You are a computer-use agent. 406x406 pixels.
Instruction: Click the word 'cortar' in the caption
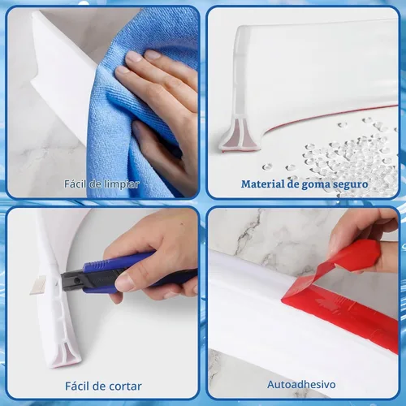click(125, 387)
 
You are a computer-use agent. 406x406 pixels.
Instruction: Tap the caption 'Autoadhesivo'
click(301, 384)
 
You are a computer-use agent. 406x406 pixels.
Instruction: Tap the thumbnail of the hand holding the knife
click(124, 282)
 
